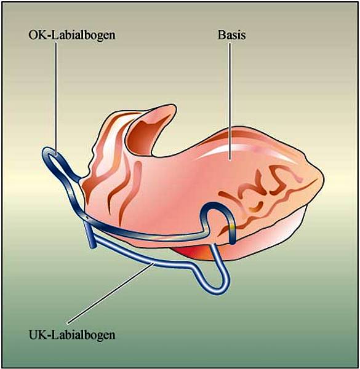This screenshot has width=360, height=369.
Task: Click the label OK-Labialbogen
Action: click(72, 35)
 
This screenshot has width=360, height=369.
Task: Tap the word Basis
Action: click(231, 35)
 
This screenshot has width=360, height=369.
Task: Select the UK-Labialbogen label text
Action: click(72, 335)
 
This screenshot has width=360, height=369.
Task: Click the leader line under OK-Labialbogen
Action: click(56, 98)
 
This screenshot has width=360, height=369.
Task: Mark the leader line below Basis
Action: click(230, 101)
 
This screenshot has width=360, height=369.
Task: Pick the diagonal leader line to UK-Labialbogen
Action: click(111, 293)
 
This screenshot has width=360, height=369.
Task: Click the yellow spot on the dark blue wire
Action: click(232, 226)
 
